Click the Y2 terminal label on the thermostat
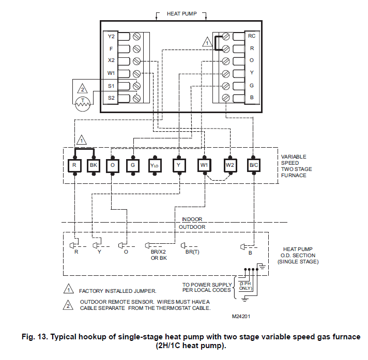coord(111,37)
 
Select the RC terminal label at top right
coord(251,36)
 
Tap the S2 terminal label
coord(111,98)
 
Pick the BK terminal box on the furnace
coord(94,165)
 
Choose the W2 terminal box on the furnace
coord(230,165)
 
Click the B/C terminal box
coord(254,165)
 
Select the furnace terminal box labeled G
coord(133,165)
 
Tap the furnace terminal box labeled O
coord(112,165)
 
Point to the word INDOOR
coord(192,219)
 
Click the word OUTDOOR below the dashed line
coord(192,227)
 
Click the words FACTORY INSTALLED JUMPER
coord(117,291)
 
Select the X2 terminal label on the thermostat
coord(111,61)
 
